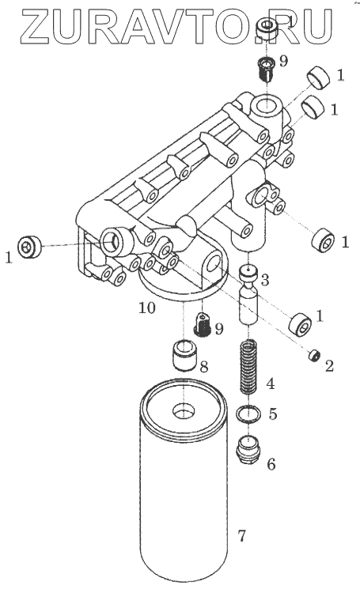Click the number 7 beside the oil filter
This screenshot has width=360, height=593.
pyautogui.click(x=242, y=535)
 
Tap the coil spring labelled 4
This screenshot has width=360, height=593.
pyautogui.click(x=248, y=366)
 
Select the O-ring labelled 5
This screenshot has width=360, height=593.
pyautogui.click(x=248, y=414)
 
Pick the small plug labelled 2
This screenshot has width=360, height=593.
pyautogui.click(x=315, y=355)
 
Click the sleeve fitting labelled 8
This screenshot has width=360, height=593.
pyautogui.click(x=184, y=355)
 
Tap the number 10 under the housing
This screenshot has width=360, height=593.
pyautogui.click(x=147, y=308)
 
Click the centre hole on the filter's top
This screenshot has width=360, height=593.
pyautogui.click(x=184, y=410)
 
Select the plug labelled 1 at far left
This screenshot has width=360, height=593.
pyautogui.click(x=29, y=247)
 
